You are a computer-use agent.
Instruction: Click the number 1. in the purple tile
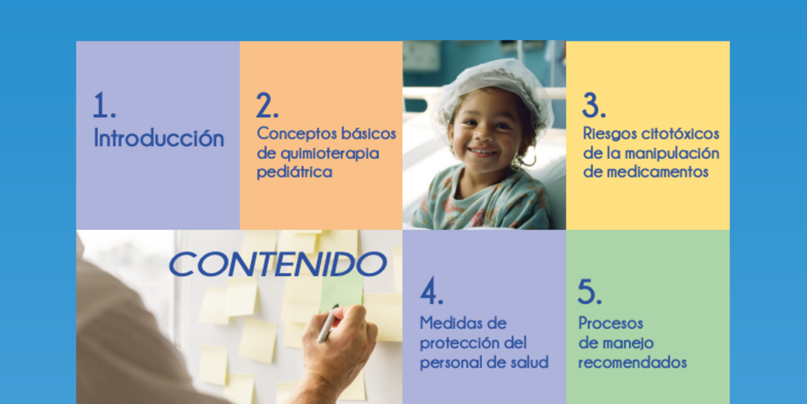[x=104, y=106]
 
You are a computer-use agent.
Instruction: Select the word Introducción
[x=159, y=138]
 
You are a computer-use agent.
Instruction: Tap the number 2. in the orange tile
[x=267, y=106]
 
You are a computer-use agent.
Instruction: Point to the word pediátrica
[x=294, y=172]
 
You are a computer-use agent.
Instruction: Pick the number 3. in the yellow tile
[x=593, y=106]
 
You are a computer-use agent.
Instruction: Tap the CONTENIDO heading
[x=278, y=264]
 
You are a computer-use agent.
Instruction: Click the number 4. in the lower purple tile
[x=431, y=292]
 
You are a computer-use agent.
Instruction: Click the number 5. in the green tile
[x=589, y=292]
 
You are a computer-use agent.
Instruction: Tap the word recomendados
[x=632, y=362]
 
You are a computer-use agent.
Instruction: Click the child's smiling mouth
[x=482, y=152]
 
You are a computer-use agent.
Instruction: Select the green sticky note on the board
[x=341, y=290]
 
